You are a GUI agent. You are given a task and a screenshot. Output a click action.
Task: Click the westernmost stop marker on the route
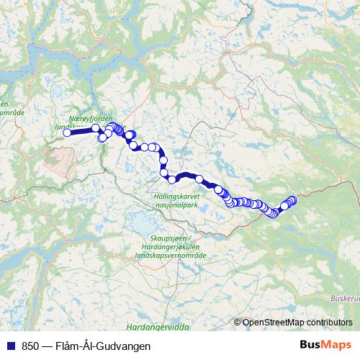pyautogui.click(x=68, y=132)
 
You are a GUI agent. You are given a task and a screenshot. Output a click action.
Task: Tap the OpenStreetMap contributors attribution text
pyautogui.click(x=297, y=323)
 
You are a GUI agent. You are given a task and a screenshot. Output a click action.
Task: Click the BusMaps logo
pyautogui.click(x=327, y=346)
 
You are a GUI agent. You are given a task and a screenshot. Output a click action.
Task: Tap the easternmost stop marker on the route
pyautogui.click(x=292, y=199)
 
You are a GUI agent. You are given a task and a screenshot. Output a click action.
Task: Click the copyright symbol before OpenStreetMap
pyautogui.click(x=238, y=323)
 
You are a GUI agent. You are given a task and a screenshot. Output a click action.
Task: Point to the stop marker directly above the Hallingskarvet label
pyautogui.click(x=173, y=179)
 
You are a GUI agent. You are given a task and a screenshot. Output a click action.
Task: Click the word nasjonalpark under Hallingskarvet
pyautogui.click(x=176, y=204)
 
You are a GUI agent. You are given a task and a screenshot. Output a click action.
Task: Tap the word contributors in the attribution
pyautogui.click(x=329, y=323)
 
